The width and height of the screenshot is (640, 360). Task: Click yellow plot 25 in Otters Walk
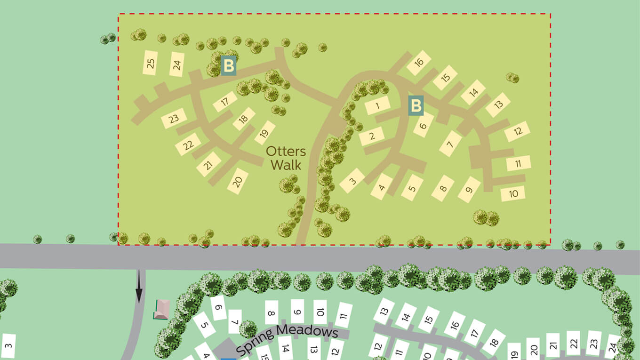coord(151,63)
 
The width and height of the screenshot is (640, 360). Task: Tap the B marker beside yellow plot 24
coord(228,66)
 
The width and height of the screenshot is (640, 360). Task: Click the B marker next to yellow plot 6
coord(416,105)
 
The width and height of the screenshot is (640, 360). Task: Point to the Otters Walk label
coord(286,158)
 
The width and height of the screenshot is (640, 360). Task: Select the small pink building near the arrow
coord(161,309)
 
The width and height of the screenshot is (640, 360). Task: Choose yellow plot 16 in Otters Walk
coord(419,62)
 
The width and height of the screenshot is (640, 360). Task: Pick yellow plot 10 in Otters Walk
coord(513,193)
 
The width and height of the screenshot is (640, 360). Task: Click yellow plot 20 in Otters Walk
coord(238,181)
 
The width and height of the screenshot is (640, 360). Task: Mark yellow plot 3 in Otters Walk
coord(352,181)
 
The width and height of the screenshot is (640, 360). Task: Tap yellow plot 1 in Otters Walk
coord(378,105)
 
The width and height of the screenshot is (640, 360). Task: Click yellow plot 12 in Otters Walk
coord(518,131)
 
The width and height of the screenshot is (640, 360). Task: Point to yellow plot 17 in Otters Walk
coord(225,101)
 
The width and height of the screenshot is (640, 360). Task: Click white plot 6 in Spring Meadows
coord(218,308)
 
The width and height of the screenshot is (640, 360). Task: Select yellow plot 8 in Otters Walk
coord(443,189)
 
